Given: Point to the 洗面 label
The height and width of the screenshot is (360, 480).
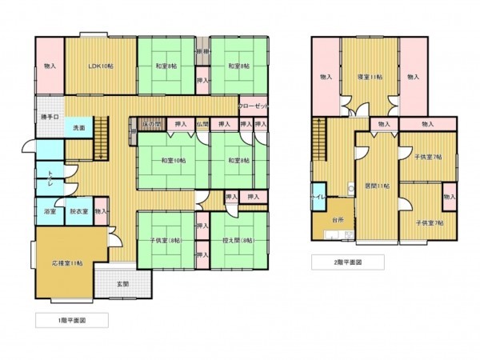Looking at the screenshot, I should (80, 128).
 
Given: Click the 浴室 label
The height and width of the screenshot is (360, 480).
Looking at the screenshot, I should (50, 212).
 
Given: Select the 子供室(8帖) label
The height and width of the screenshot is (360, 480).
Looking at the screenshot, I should (165, 240).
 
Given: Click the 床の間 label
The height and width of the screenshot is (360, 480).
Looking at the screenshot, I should (152, 124).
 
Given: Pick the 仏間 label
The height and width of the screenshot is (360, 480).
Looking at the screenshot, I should (202, 124).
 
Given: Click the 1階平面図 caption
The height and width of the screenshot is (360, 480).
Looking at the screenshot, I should (71, 320).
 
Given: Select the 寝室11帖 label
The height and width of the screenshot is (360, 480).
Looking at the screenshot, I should (369, 76).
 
